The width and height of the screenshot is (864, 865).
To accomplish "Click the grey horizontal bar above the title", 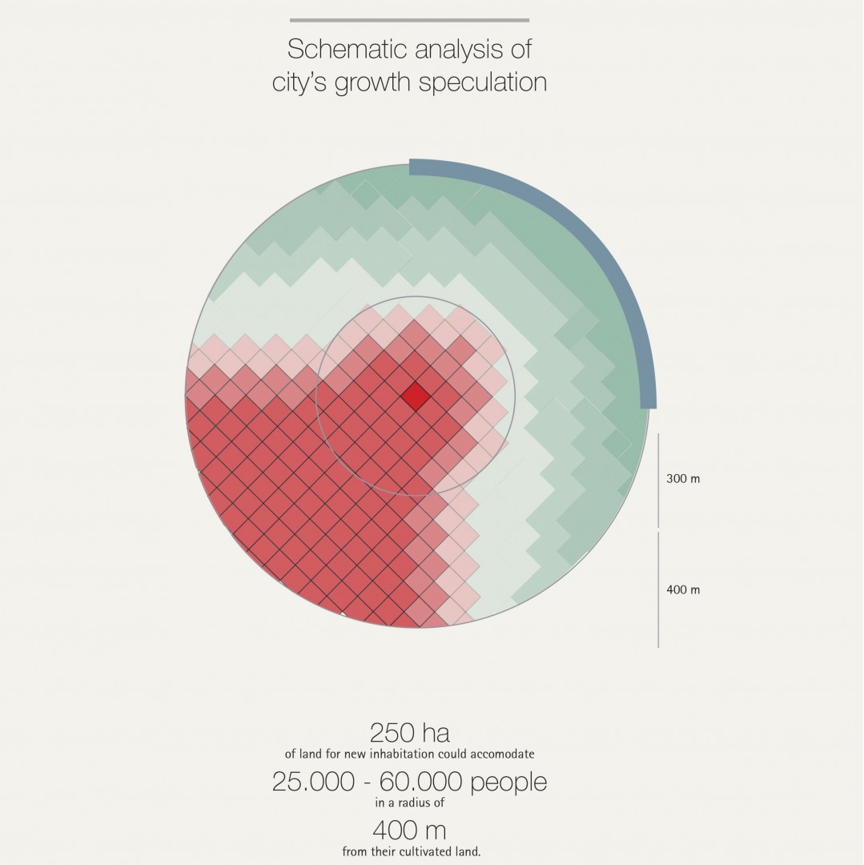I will [409, 20].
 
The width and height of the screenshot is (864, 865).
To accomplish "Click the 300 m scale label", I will [683, 479].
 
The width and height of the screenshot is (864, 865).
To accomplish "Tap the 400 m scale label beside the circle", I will [683, 590].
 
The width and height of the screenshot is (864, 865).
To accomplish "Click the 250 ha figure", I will [409, 732].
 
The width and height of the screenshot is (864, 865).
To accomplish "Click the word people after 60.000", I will [508, 783].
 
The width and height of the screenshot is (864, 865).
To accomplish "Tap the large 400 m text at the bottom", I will [409, 830].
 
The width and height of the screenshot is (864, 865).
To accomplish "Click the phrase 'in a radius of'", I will [409, 802].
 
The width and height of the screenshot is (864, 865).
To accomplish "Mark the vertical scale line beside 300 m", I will [658, 481].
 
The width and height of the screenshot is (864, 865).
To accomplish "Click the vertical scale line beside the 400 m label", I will [658, 589].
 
